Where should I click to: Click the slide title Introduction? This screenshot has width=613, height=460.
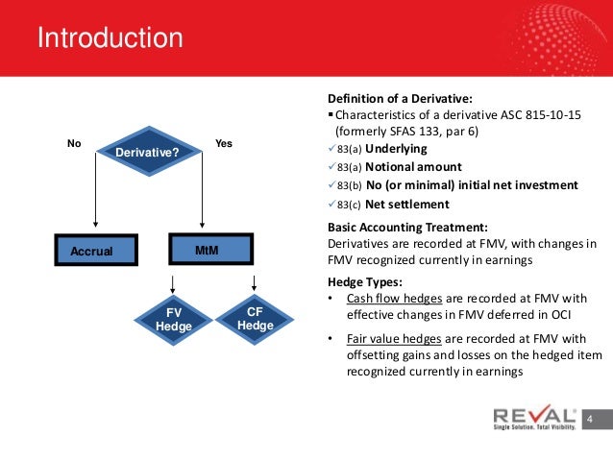pyautogui.click(x=110, y=39)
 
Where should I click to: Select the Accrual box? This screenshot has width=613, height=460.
pyautogui.click(x=94, y=251)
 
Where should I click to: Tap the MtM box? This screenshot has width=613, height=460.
pyautogui.click(x=207, y=250)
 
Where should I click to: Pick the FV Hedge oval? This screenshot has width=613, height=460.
pyautogui.click(x=174, y=320)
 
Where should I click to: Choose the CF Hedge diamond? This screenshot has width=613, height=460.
pyautogui.click(x=255, y=319)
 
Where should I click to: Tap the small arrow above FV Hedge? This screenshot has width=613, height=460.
pyautogui.click(x=173, y=284)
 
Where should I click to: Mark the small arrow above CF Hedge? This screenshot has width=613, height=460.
pyautogui.click(x=254, y=282)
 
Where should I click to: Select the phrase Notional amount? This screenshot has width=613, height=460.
pyautogui.click(x=412, y=167)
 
